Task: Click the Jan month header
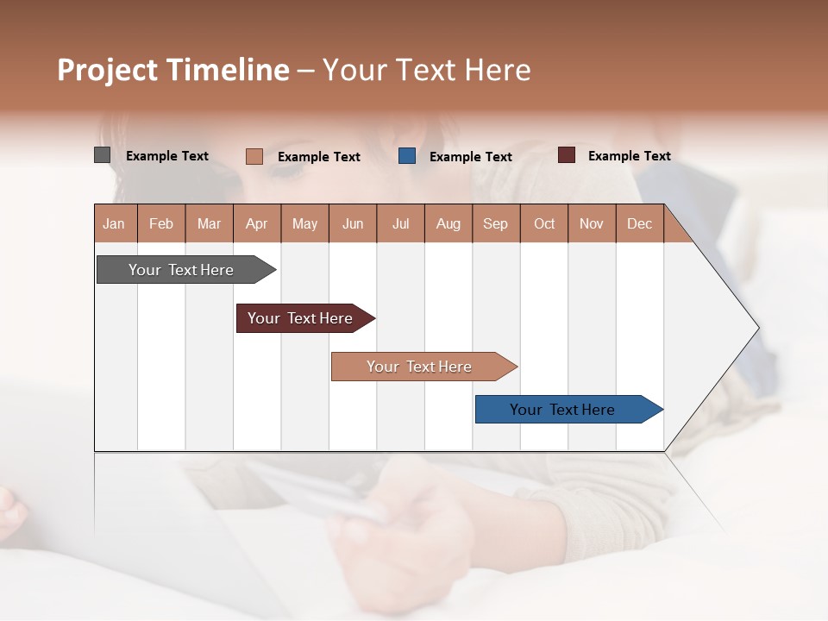click(114, 223)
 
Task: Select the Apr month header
click(256, 223)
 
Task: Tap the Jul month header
click(400, 223)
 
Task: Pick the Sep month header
click(495, 223)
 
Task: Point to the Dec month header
click(639, 223)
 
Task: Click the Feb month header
click(161, 223)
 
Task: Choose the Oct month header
click(544, 223)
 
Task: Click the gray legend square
click(103, 155)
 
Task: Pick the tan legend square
click(254, 156)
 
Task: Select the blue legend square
click(407, 156)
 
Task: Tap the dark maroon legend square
click(567, 155)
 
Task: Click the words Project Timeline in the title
click(173, 70)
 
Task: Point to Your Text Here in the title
click(427, 70)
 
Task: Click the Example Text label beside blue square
click(470, 156)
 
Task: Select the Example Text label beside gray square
click(167, 155)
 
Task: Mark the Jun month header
click(353, 223)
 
